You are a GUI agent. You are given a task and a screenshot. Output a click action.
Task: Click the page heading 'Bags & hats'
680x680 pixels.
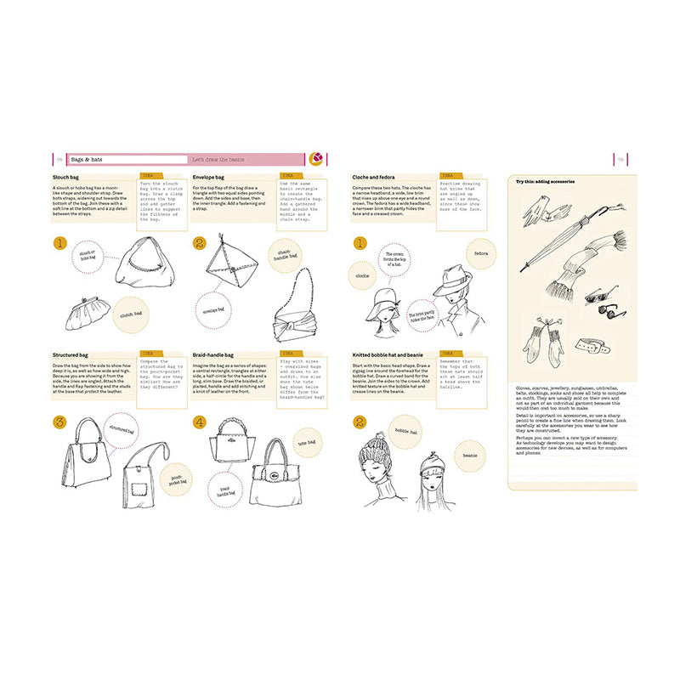[86, 159]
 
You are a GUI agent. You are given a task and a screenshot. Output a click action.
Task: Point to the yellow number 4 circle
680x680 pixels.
[198, 422]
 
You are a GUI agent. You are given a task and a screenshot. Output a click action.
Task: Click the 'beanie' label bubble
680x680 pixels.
[468, 456]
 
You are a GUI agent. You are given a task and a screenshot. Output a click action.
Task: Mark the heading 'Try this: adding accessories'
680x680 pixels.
[546, 181]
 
